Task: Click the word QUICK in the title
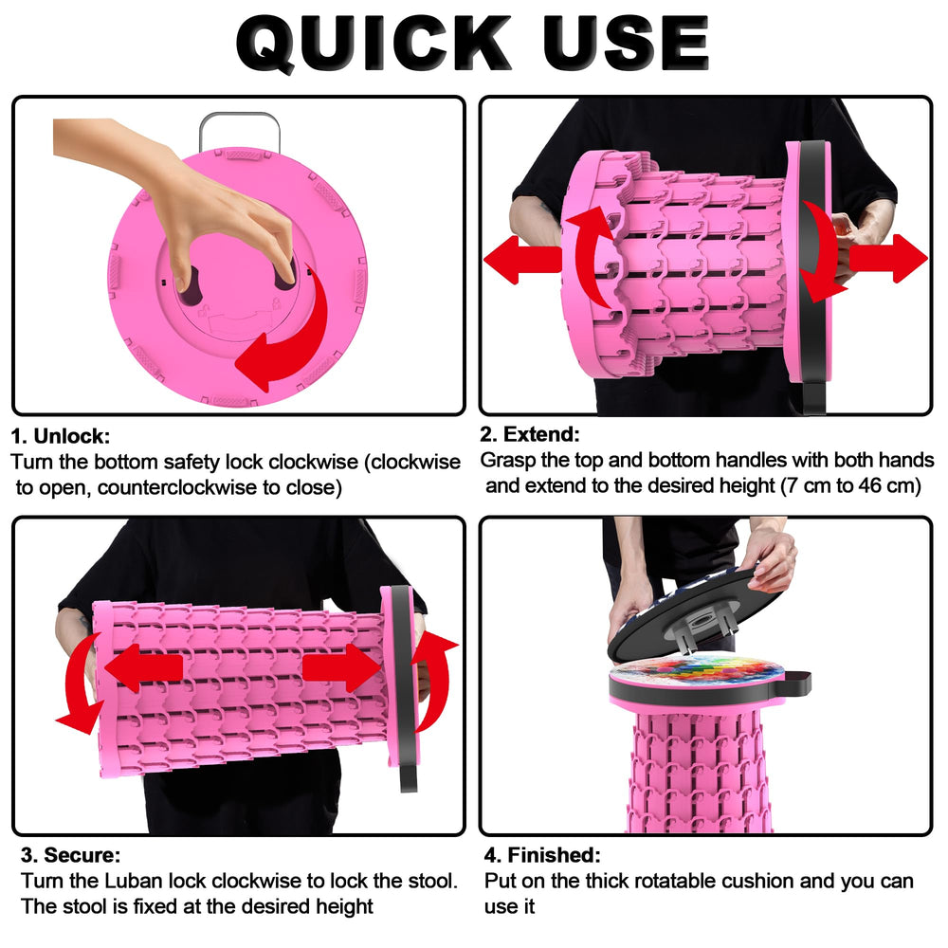click(373, 44)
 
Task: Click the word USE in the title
click(625, 43)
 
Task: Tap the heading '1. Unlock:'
click(61, 436)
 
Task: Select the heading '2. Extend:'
click(530, 434)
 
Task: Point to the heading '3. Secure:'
click(71, 855)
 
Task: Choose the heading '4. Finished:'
click(542, 855)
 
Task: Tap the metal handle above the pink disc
click(240, 130)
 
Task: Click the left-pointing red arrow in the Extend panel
click(522, 260)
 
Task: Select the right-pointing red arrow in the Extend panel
click(888, 258)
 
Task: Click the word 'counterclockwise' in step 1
click(177, 487)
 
